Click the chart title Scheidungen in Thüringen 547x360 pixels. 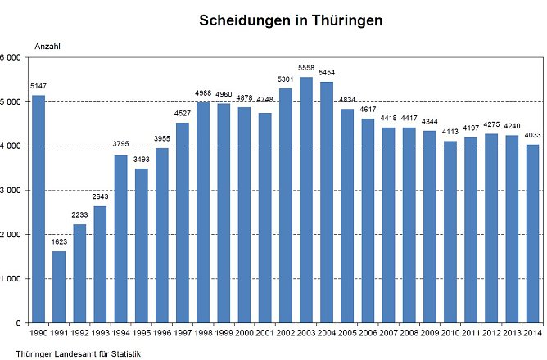point(291,20)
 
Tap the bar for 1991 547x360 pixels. point(59,286)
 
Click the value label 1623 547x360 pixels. point(59,242)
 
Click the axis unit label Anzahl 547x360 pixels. point(47,47)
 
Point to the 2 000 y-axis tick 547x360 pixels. point(10,235)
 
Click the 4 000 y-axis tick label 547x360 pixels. point(10,146)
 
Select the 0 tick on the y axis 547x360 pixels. point(17,323)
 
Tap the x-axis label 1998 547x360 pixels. point(203,335)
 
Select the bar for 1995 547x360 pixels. point(141,245)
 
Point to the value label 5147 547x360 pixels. point(38,86)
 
